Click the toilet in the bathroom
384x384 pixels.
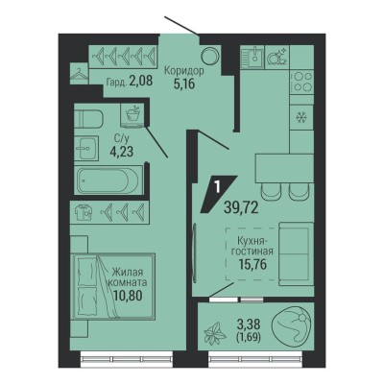click(x=88, y=119)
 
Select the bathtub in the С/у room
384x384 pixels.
click(x=108, y=180)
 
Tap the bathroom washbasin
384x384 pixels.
click(x=87, y=148)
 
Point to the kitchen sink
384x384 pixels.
click(x=252, y=57)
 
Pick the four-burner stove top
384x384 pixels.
click(x=301, y=82)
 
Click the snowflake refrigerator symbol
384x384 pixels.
click(x=300, y=118)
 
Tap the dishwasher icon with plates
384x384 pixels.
click(x=277, y=57)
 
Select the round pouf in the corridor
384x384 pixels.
click(x=210, y=56)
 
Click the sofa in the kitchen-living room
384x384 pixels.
click(x=296, y=253)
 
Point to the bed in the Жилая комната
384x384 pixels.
click(x=113, y=286)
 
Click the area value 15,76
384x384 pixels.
click(x=252, y=264)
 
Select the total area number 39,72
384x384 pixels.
click(x=241, y=208)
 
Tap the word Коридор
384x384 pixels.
click(x=183, y=71)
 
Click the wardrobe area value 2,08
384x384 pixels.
click(x=141, y=81)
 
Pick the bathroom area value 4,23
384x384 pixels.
click(x=121, y=151)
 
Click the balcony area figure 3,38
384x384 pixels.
click(x=249, y=324)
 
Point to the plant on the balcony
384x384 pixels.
click(x=215, y=333)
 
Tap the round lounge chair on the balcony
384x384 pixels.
click(x=290, y=325)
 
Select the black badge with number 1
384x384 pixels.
click(x=219, y=194)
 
